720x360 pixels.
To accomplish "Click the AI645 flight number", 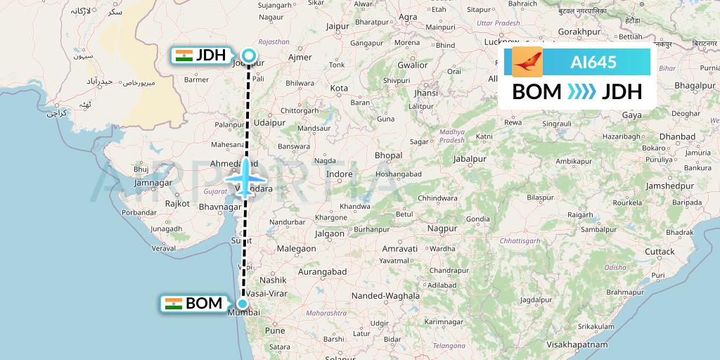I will (x=593, y=63).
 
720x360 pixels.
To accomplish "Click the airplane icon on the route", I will (x=243, y=179).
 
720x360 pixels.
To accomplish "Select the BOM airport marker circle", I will (x=242, y=304).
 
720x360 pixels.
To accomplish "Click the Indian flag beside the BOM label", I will (x=173, y=304).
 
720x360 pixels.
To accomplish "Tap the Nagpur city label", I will (x=442, y=229).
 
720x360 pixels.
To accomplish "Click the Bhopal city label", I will (x=388, y=155).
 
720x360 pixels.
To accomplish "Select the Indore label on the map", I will (x=340, y=174).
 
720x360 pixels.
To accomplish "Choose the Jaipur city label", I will (x=338, y=27).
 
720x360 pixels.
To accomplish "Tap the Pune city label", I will (x=275, y=330).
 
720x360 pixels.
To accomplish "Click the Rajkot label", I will (x=177, y=203).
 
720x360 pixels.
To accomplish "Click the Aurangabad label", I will (x=321, y=271).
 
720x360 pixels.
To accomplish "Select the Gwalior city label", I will (x=413, y=65).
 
